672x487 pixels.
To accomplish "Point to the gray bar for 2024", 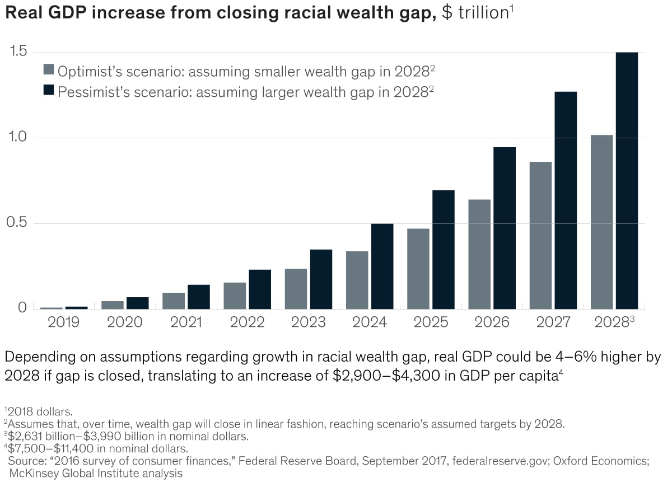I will (x=357, y=279).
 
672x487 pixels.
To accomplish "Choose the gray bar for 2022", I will (x=235, y=295).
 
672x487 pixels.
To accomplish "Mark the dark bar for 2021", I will (x=199, y=297).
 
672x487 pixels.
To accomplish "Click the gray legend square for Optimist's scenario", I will (x=49, y=70).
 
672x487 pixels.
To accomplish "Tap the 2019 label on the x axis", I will (x=63, y=322).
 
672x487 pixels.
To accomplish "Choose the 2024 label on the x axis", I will (x=370, y=322).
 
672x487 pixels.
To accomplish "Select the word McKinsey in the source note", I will (x=31, y=473).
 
